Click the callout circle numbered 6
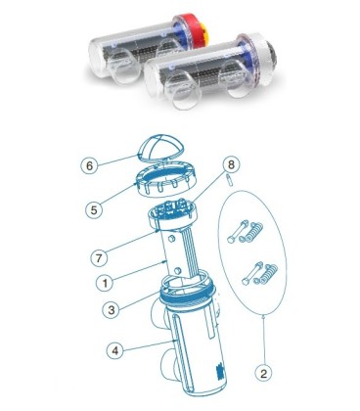(x=90, y=165)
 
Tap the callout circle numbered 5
(x=94, y=209)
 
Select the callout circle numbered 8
(x=231, y=165)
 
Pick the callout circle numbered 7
(x=99, y=258)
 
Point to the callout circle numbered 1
(x=106, y=283)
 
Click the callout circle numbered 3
(x=112, y=309)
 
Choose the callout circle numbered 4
(x=115, y=350)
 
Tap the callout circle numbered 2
(x=263, y=373)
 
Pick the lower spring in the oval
(x=266, y=275)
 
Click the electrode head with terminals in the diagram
(x=173, y=213)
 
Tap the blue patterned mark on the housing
(x=219, y=370)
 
